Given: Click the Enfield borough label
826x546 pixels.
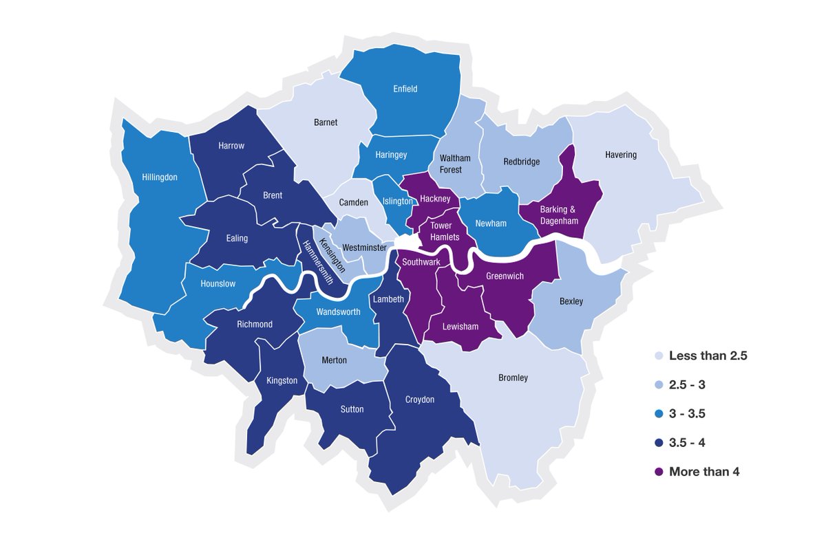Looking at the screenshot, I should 405,89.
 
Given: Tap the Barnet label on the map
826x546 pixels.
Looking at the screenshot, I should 326,122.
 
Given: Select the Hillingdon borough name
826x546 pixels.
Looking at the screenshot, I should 160,177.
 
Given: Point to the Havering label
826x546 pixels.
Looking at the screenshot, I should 621,155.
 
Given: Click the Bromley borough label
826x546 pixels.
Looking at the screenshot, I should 513,378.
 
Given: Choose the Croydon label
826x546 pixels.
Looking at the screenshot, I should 420,400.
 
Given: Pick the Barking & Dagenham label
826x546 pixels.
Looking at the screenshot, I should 559,215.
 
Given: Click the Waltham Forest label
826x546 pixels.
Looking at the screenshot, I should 455,164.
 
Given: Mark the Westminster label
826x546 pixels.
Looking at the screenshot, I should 364,247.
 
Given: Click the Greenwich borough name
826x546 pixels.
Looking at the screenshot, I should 505,276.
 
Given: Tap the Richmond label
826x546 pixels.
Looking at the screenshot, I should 255,324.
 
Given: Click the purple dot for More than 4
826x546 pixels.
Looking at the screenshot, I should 659,472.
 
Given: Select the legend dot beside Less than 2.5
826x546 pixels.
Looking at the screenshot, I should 659,356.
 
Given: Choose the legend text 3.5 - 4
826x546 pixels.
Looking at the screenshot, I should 687,443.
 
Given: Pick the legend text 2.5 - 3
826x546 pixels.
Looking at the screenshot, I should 687,385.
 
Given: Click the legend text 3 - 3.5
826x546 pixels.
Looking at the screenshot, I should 687,414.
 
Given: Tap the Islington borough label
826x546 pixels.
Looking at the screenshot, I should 397,201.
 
